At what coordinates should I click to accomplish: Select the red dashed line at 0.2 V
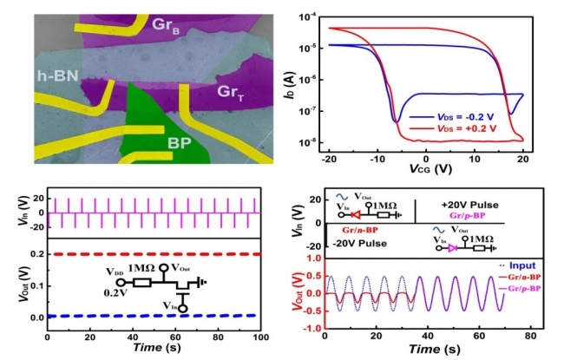coord(156,254)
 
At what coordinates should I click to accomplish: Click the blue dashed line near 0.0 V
coord(156,316)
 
